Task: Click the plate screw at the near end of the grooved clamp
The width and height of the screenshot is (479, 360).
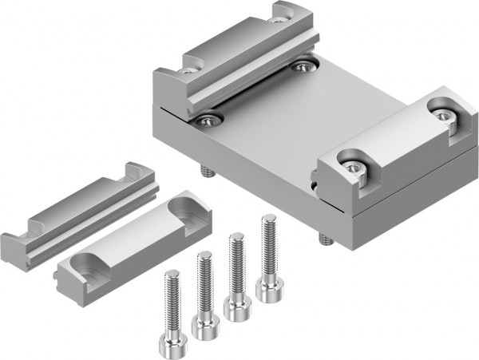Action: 209,120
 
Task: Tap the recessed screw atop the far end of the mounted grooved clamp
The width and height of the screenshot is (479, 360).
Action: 280,12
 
